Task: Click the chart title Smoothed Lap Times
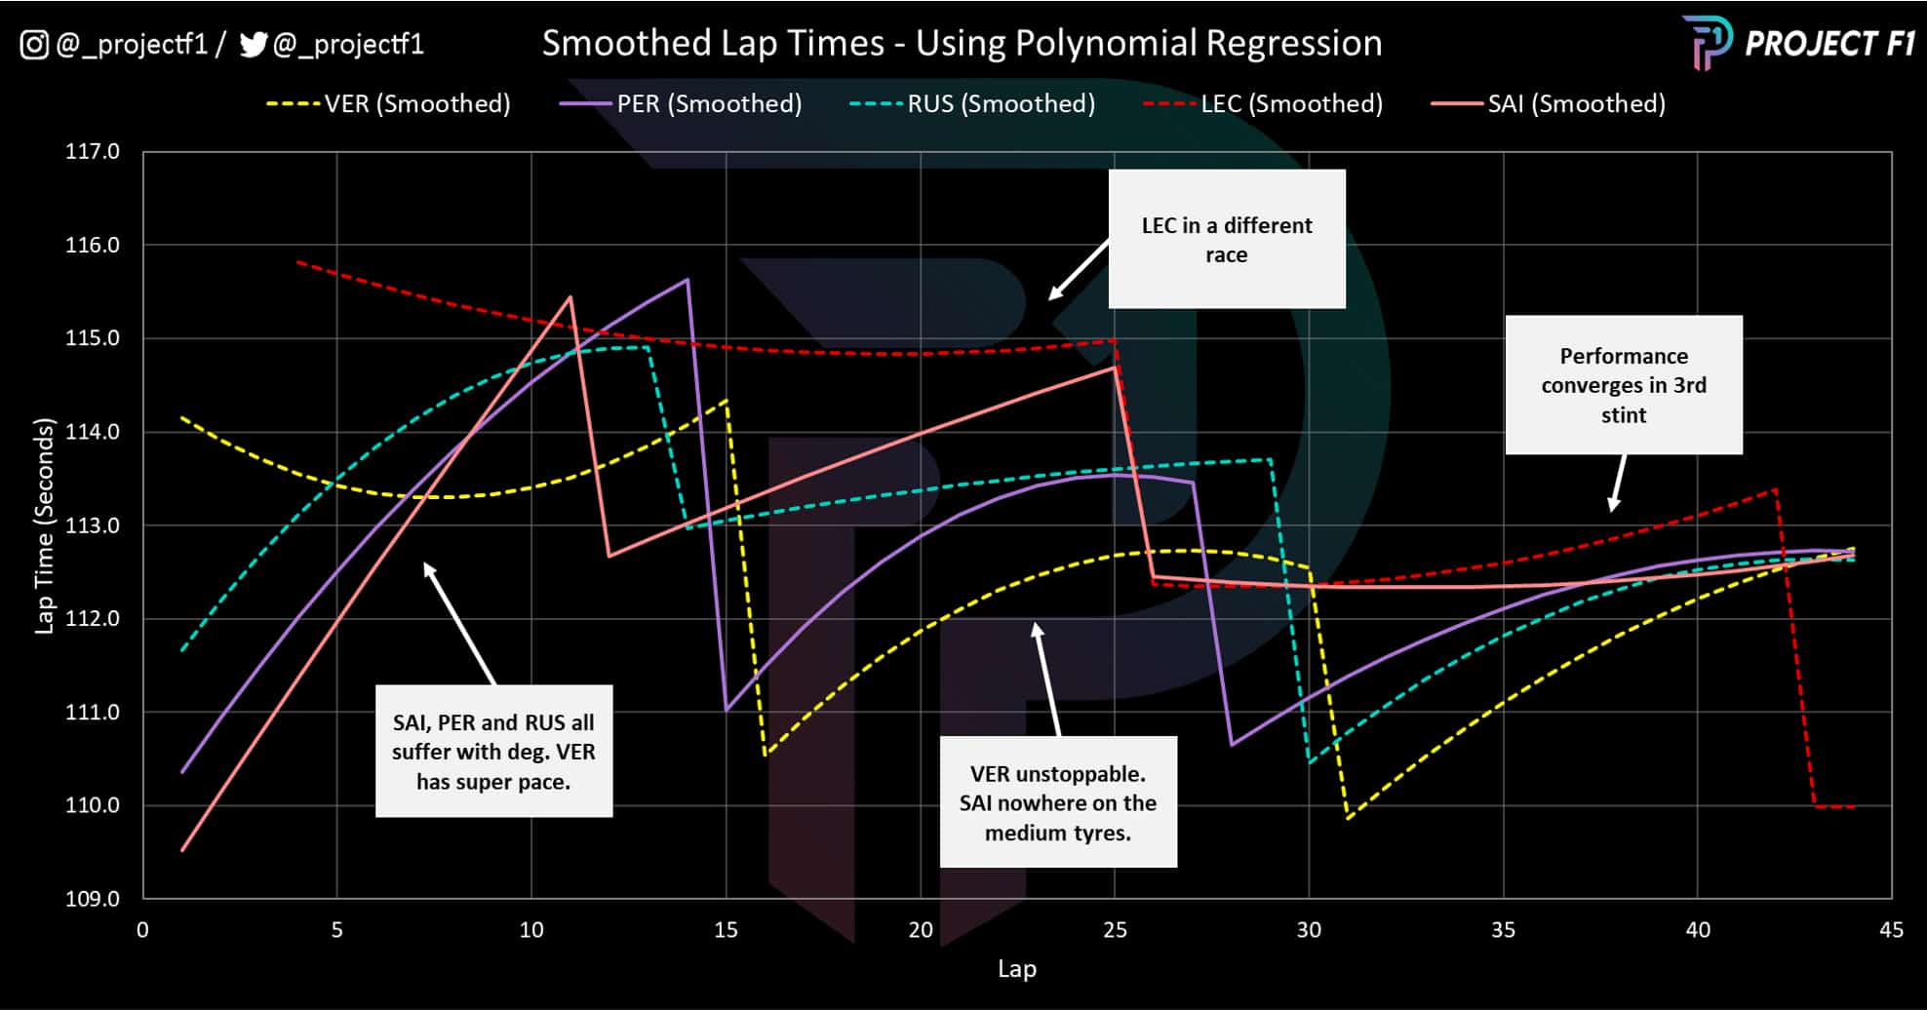tap(962, 43)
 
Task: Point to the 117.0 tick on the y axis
tap(93, 151)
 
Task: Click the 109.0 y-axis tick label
tap(93, 898)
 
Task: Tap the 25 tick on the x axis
tap(1115, 929)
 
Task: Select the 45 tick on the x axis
tap(1891, 929)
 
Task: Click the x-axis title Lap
tap(1016, 968)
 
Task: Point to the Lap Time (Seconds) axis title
tap(44, 525)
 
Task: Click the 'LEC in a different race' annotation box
tap(1227, 239)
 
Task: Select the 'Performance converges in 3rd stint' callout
tap(1624, 385)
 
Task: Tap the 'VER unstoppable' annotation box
tap(1058, 802)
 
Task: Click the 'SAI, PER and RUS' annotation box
tap(493, 751)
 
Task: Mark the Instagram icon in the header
tap(34, 44)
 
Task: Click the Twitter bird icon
tap(254, 44)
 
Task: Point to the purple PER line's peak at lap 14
tap(688, 280)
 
